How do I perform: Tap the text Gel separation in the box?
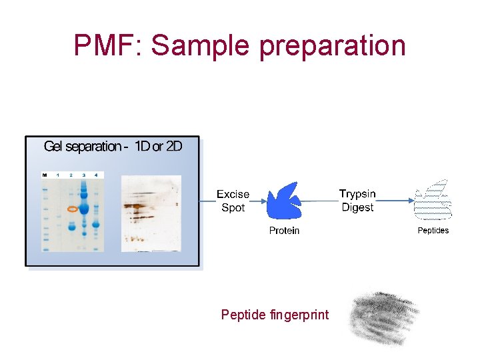pos(83,147)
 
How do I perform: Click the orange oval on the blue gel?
pos(72,209)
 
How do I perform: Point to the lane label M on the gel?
pos(45,175)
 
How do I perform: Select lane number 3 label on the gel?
pos(84,175)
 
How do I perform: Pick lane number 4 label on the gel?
pos(97,175)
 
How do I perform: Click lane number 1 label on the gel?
pos(58,175)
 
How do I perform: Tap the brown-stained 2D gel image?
pos(151,213)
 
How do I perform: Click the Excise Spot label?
pos(233,201)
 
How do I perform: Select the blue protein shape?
pos(284,201)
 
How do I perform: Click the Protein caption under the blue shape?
pos(284,231)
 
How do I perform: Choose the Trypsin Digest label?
pos(357,201)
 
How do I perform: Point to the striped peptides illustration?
pos(433,201)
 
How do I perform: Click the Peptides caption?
pos(433,231)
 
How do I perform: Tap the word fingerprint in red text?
pos(300,315)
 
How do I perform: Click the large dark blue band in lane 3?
pos(85,201)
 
